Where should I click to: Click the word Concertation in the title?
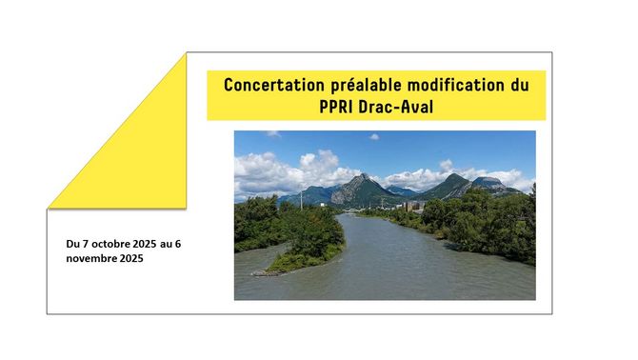(x=274, y=85)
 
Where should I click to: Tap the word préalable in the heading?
(x=367, y=86)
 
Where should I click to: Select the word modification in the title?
(x=456, y=85)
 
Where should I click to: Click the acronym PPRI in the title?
(x=336, y=107)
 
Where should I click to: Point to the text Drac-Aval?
(x=396, y=107)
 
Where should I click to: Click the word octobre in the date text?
(x=110, y=244)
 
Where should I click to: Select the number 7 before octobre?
(x=86, y=244)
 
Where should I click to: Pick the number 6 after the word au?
(x=178, y=244)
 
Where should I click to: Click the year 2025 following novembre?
(x=131, y=258)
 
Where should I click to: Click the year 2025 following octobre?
(x=144, y=244)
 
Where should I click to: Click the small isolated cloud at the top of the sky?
(x=374, y=137)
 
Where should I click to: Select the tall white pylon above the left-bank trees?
(x=302, y=199)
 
